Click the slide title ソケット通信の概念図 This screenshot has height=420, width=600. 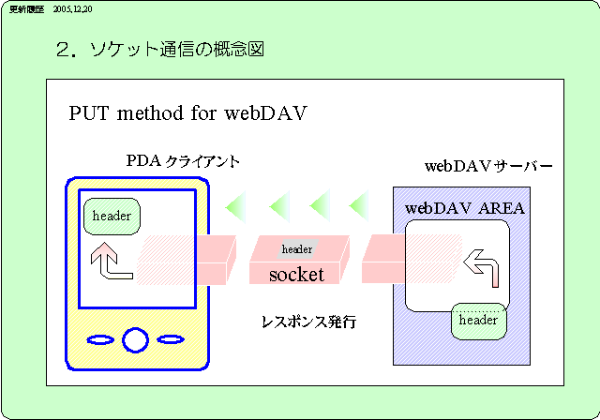click(170, 49)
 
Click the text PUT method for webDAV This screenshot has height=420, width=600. click(188, 113)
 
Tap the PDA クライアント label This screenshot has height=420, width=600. click(183, 161)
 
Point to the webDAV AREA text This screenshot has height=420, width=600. click(464, 207)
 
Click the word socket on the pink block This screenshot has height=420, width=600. click(296, 275)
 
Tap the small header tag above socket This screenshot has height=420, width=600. click(297, 248)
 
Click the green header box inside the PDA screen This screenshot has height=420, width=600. click(112, 217)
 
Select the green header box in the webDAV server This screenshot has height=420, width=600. click(478, 321)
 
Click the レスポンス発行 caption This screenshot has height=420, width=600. click(308, 322)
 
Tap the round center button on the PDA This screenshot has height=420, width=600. click(135, 338)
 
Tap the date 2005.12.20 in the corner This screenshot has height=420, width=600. click(73, 7)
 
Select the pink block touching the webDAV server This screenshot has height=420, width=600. click(383, 259)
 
